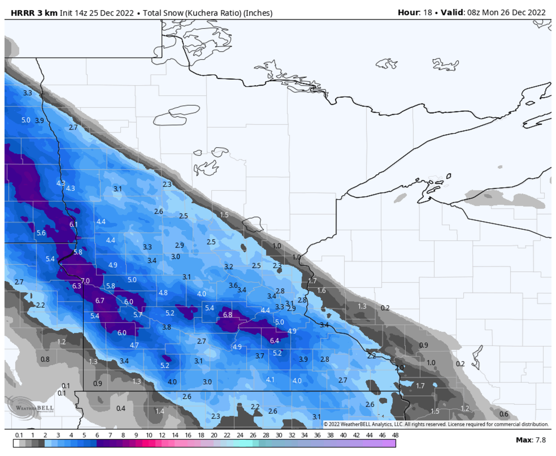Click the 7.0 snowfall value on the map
[85, 281]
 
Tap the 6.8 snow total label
[227, 315]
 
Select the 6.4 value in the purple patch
[274, 341]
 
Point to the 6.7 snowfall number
[100, 300]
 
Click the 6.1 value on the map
[73, 225]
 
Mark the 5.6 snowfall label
[41, 233]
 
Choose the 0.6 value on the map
[504, 414]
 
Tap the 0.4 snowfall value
[121, 408]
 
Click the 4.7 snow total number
[134, 345]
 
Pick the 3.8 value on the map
[167, 327]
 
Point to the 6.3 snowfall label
[76, 286]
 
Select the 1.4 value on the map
[160, 411]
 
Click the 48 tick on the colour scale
[395, 435]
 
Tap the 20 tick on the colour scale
[214, 435]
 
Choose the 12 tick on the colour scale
[162, 435]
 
